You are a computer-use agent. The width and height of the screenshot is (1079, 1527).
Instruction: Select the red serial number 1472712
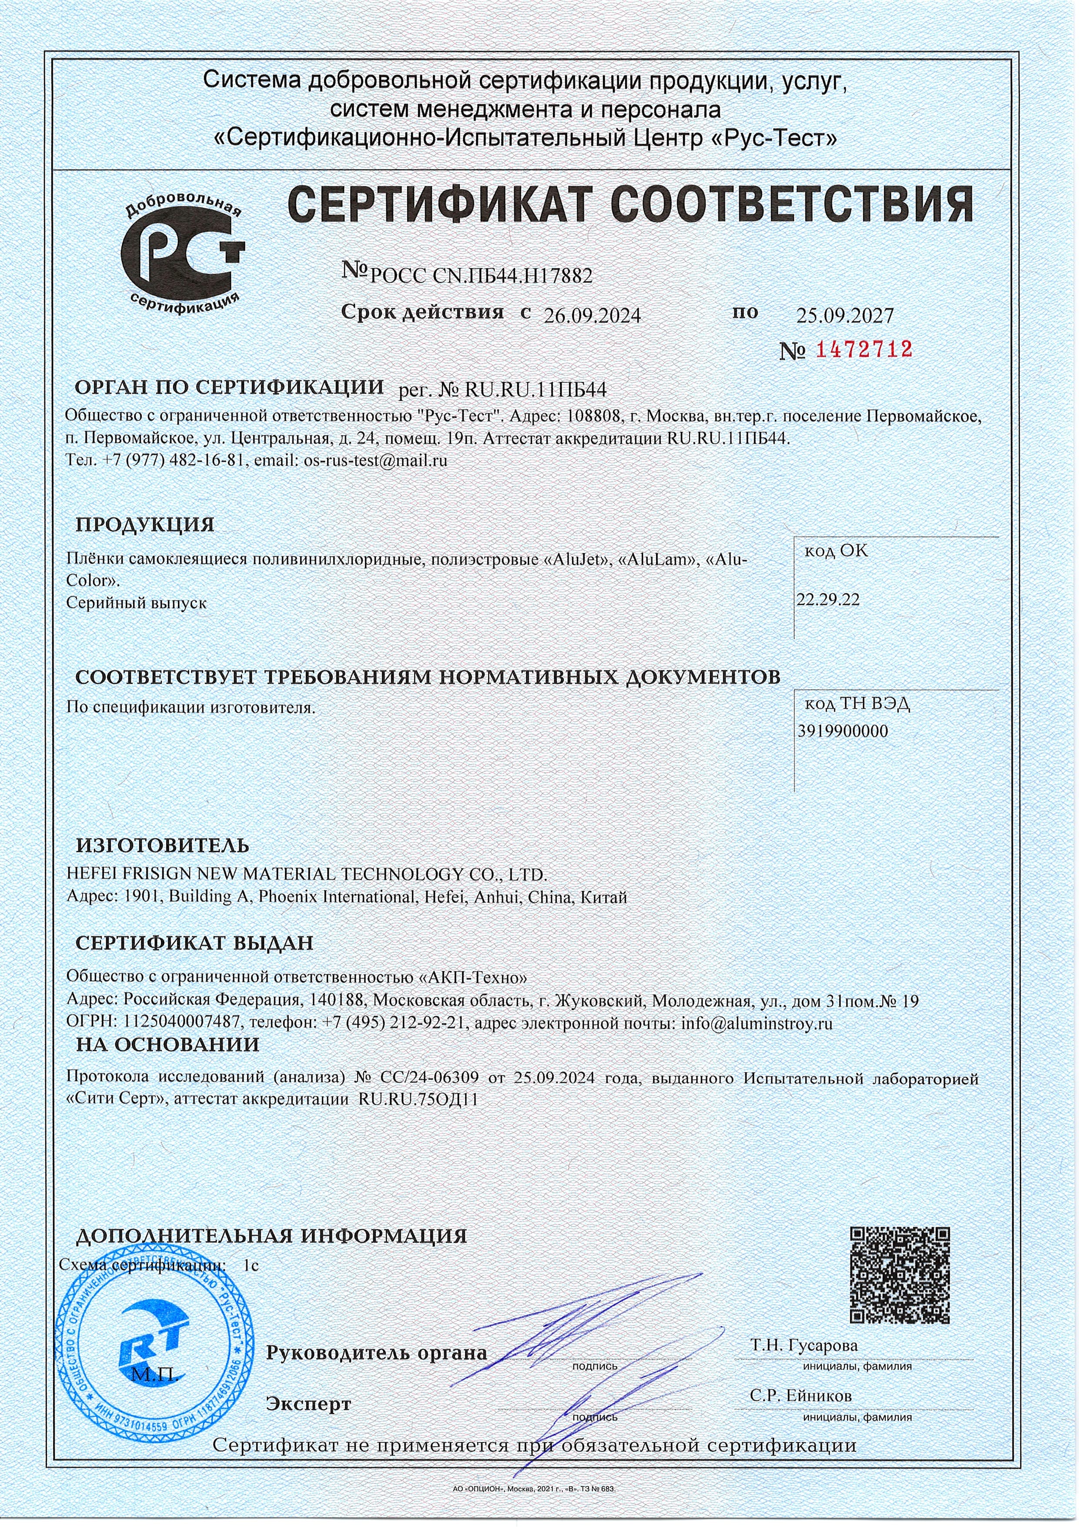[x=864, y=349]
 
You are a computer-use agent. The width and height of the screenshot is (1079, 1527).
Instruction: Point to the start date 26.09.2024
[x=592, y=315]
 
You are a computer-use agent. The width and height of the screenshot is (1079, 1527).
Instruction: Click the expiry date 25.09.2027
[x=845, y=315]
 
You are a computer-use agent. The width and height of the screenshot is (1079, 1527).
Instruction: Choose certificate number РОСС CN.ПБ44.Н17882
[x=480, y=275]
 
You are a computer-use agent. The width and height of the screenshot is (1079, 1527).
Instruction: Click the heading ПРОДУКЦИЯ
[x=145, y=524]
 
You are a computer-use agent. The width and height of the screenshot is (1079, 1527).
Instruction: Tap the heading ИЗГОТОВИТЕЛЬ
[x=163, y=845]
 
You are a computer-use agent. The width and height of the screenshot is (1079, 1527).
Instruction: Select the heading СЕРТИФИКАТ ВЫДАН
[x=194, y=942]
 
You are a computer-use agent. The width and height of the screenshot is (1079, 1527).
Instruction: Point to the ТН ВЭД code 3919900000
[x=842, y=731]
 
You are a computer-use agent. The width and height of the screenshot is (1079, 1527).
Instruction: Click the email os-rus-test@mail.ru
[x=375, y=460]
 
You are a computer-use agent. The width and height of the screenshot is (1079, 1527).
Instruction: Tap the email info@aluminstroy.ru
[x=757, y=1023]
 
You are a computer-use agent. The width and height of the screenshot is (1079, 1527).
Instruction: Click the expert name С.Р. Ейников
[x=801, y=1395]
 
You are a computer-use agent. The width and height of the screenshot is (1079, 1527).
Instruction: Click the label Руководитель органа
[x=376, y=1352]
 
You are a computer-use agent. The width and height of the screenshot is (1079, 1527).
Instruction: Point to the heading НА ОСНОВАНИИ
[x=168, y=1044]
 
